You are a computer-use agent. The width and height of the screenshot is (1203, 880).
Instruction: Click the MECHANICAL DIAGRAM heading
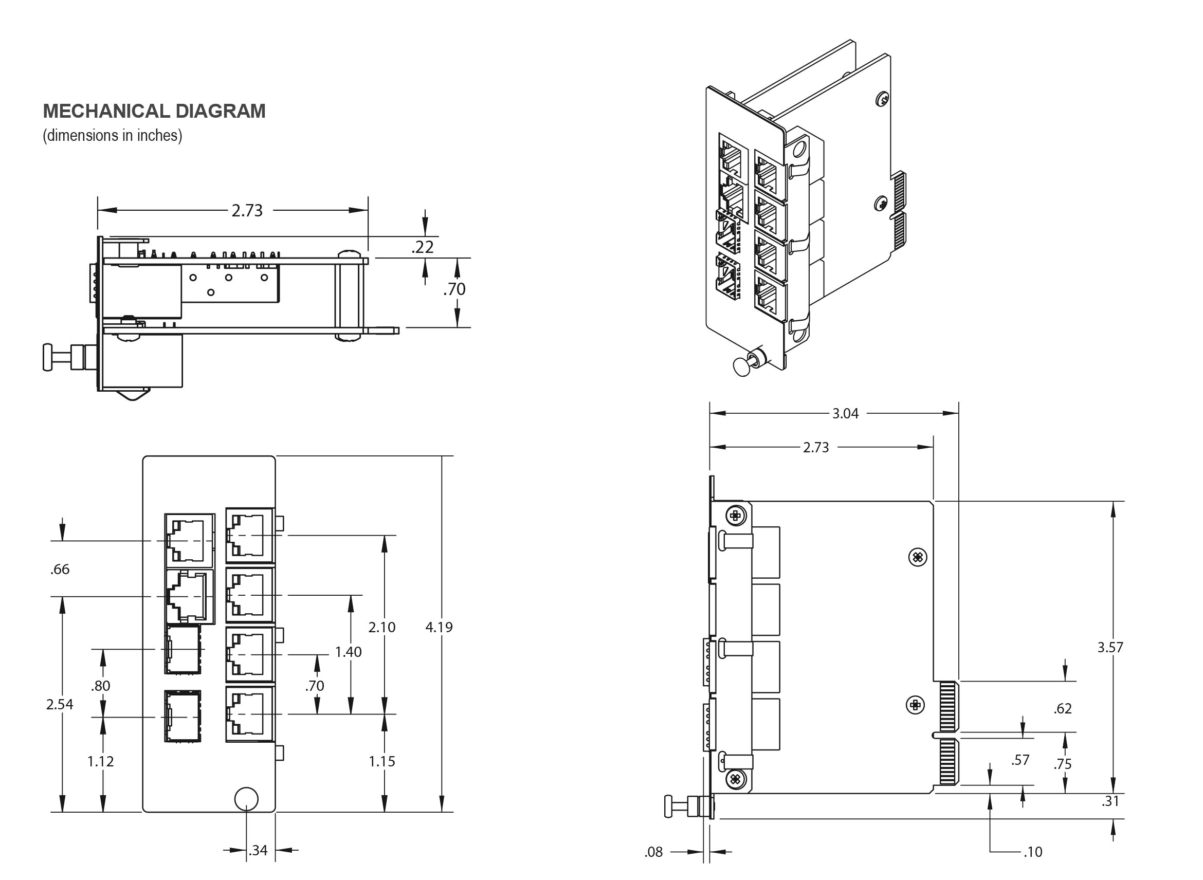click(x=154, y=111)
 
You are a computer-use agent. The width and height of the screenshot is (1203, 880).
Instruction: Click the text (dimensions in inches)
click(x=113, y=135)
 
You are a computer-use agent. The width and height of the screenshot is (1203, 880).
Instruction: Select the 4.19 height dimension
click(x=439, y=627)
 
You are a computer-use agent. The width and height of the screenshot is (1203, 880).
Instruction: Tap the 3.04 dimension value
click(x=845, y=413)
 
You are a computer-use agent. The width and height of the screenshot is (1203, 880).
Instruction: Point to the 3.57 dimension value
click(x=1110, y=647)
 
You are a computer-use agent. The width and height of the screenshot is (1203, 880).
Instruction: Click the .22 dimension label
click(x=423, y=247)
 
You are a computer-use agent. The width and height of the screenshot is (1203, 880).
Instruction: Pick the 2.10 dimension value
click(x=382, y=627)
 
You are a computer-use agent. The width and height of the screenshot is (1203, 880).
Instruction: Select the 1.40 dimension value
click(x=348, y=651)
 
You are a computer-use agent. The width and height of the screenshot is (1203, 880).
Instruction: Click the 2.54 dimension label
click(x=60, y=704)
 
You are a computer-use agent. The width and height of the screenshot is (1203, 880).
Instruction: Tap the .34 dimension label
click(x=259, y=850)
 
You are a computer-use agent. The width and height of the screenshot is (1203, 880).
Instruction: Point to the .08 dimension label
click(x=654, y=852)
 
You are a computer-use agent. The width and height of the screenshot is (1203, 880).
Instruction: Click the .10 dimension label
click(x=1032, y=852)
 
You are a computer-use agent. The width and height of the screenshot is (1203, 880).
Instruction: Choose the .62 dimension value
click(x=1062, y=708)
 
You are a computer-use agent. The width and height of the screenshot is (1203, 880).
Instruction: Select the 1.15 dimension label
click(x=382, y=761)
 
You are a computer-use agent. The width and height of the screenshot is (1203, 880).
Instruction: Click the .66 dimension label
click(x=60, y=569)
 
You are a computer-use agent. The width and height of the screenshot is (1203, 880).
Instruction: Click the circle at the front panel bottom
click(x=246, y=798)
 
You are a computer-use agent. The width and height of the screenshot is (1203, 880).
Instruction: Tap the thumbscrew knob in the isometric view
click(x=741, y=366)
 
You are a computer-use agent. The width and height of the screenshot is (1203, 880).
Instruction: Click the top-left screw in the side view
click(x=735, y=515)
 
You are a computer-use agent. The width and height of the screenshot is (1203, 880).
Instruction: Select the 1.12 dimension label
click(x=101, y=761)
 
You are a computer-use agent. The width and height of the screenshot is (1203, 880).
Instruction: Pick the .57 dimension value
click(x=1020, y=760)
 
